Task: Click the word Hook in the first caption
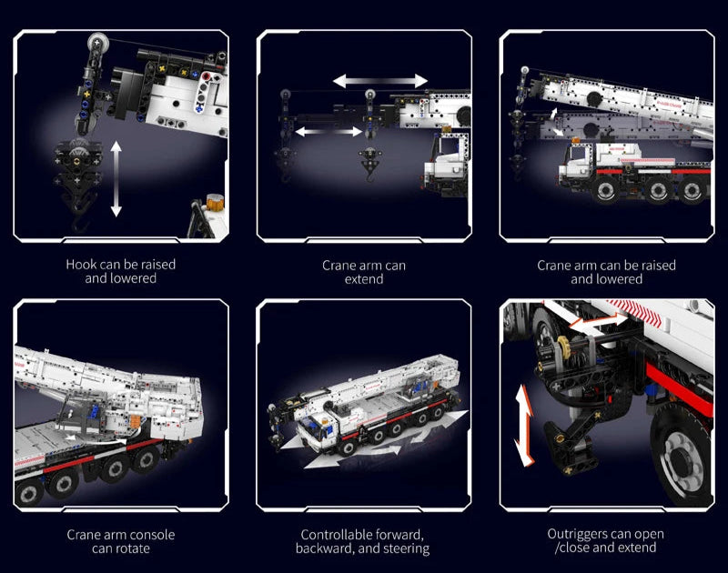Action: [81, 265]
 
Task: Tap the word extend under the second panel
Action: [364, 279]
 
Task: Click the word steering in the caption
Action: [407, 548]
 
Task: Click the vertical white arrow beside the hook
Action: [116, 179]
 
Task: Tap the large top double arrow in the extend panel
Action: [380, 81]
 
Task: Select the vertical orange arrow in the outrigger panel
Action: [524, 425]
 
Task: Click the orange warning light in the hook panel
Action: [215, 202]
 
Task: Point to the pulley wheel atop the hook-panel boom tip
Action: [97, 43]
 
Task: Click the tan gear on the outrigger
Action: [564, 345]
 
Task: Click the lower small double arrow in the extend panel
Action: [329, 132]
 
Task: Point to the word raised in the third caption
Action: [656, 266]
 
